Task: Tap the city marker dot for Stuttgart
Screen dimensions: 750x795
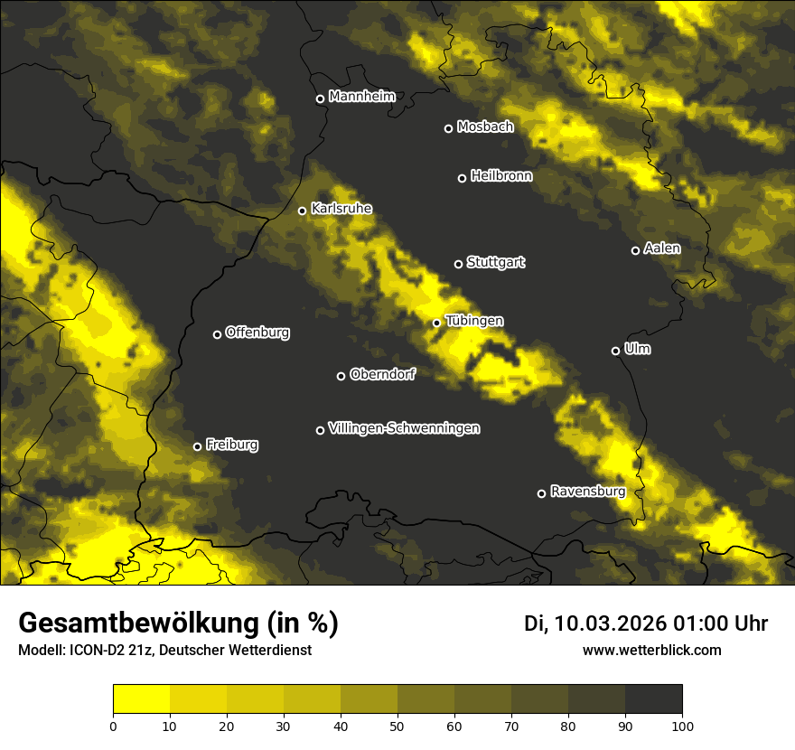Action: click(458, 264)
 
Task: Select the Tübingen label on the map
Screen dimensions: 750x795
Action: click(474, 321)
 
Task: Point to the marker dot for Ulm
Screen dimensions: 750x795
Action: click(615, 351)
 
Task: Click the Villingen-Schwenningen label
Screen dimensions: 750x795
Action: click(404, 428)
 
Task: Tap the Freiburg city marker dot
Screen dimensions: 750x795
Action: click(197, 446)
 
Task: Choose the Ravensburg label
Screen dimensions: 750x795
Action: click(587, 492)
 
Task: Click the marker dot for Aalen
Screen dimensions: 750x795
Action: click(635, 250)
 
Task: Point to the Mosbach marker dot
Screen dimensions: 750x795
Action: click(448, 128)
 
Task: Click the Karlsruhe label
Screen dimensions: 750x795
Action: click(341, 209)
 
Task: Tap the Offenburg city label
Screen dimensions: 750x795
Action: click(257, 333)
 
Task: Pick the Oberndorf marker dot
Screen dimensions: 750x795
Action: click(341, 376)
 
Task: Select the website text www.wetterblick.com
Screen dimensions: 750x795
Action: click(651, 650)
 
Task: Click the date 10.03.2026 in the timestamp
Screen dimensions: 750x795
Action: click(610, 623)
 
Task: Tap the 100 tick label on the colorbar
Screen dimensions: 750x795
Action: click(682, 725)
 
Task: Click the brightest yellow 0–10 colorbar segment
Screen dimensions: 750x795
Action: click(141, 699)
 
